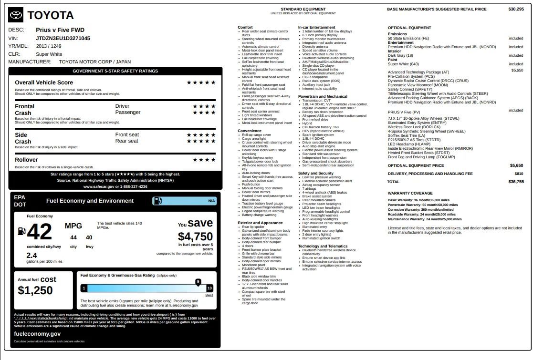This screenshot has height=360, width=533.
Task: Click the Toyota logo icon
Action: pyautogui.click(x=16, y=15)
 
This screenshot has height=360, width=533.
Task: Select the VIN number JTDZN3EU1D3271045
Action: pyautogui.click(x=63, y=38)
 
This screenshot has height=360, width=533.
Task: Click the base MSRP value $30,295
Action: pyautogui.click(x=516, y=9)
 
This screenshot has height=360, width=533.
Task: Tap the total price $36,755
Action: pyautogui.click(x=516, y=182)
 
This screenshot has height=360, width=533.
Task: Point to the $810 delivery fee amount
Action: pyautogui.click(x=519, y=174)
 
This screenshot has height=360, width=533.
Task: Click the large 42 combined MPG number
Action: pyautogui.click(x=40, y=232)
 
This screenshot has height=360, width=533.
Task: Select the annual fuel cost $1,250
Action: pyautogui.click(x=35, y=290)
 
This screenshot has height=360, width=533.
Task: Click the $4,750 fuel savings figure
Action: pyautogui.click(x=195, y=237)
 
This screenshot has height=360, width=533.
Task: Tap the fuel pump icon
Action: pyautogui.click(x=21, y=231)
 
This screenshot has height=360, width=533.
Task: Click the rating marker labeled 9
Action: pyautogui.click(x=198, y=282)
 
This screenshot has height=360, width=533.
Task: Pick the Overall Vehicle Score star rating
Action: pyautogui.click(x=201, y=82)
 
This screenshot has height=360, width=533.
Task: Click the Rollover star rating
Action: pyautogui.click(x=204, y=160)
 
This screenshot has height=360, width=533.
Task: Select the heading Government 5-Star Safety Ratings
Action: pyautogui.click(x=115, y=71)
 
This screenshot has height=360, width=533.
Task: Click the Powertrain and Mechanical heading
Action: pyautogui.click(x=323, y=96)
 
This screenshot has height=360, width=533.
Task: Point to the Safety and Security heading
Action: pyautogui.click(x=316, y=173)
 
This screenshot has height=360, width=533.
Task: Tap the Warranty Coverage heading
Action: pyautogui.click(x=404, y=193)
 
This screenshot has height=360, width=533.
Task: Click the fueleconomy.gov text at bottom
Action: pyautogui.click(x=37, y=334)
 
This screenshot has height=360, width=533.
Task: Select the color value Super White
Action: pyautogui.click(x=49, y=54)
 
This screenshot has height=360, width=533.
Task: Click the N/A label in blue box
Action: pyautogui.click(x=211, y=201)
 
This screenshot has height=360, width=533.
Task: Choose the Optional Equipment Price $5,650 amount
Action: pyautogui.click(x=516, y=165)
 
